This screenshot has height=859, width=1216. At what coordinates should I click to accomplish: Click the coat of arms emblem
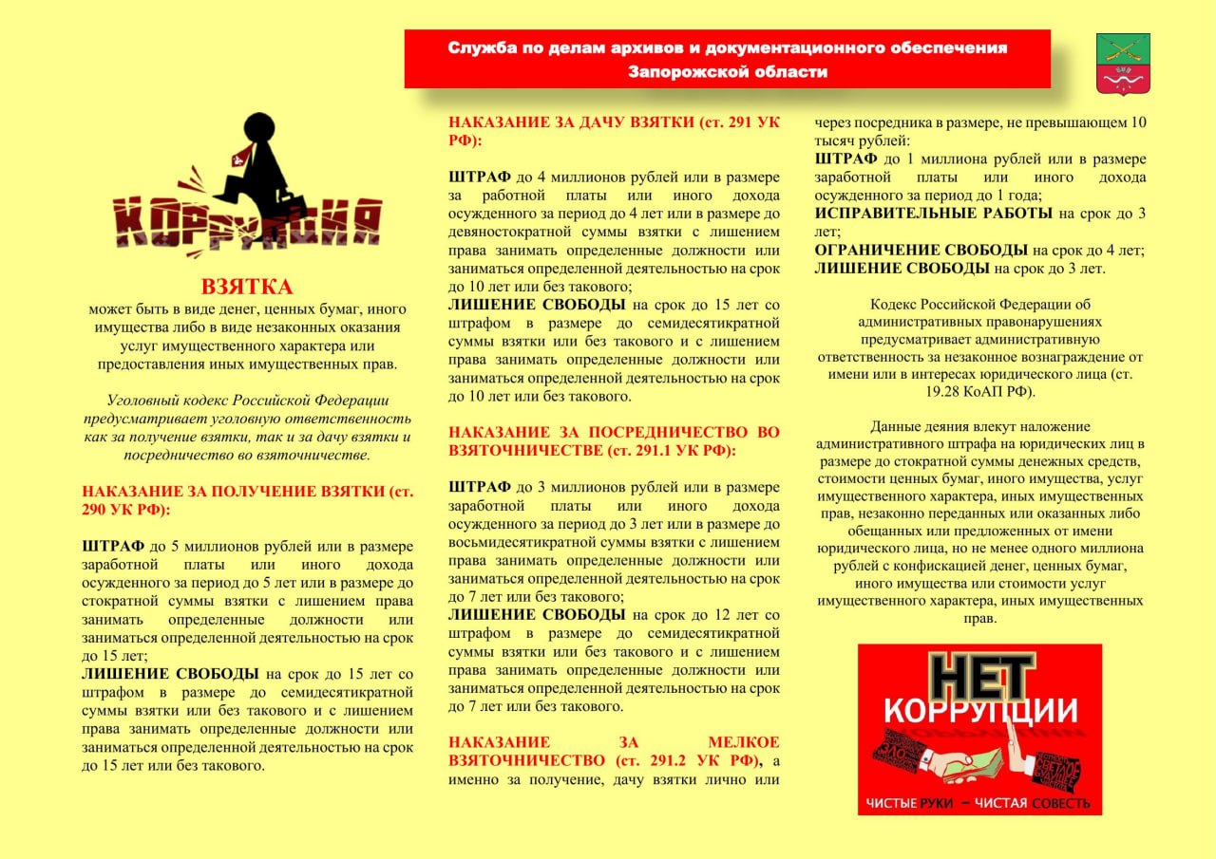click(x=1123, y=64)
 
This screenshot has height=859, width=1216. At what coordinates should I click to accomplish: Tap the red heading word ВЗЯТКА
click(x=246, y=287)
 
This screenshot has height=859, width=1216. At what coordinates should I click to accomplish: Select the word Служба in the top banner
click(x=482, y=47)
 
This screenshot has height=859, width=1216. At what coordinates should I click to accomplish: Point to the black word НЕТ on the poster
click(x=980, y=679)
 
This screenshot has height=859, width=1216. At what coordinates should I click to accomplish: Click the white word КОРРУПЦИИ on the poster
click(x=980, y=712)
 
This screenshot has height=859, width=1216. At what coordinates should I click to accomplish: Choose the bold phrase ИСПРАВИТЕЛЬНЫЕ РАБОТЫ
click(x=933, y=214)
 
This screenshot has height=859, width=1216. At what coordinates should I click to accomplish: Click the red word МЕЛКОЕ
click(x=743, y=742)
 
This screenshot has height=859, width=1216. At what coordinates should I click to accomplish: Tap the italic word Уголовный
click(x=143, y=401)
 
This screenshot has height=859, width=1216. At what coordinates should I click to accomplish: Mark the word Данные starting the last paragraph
click(x=898, y=426)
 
